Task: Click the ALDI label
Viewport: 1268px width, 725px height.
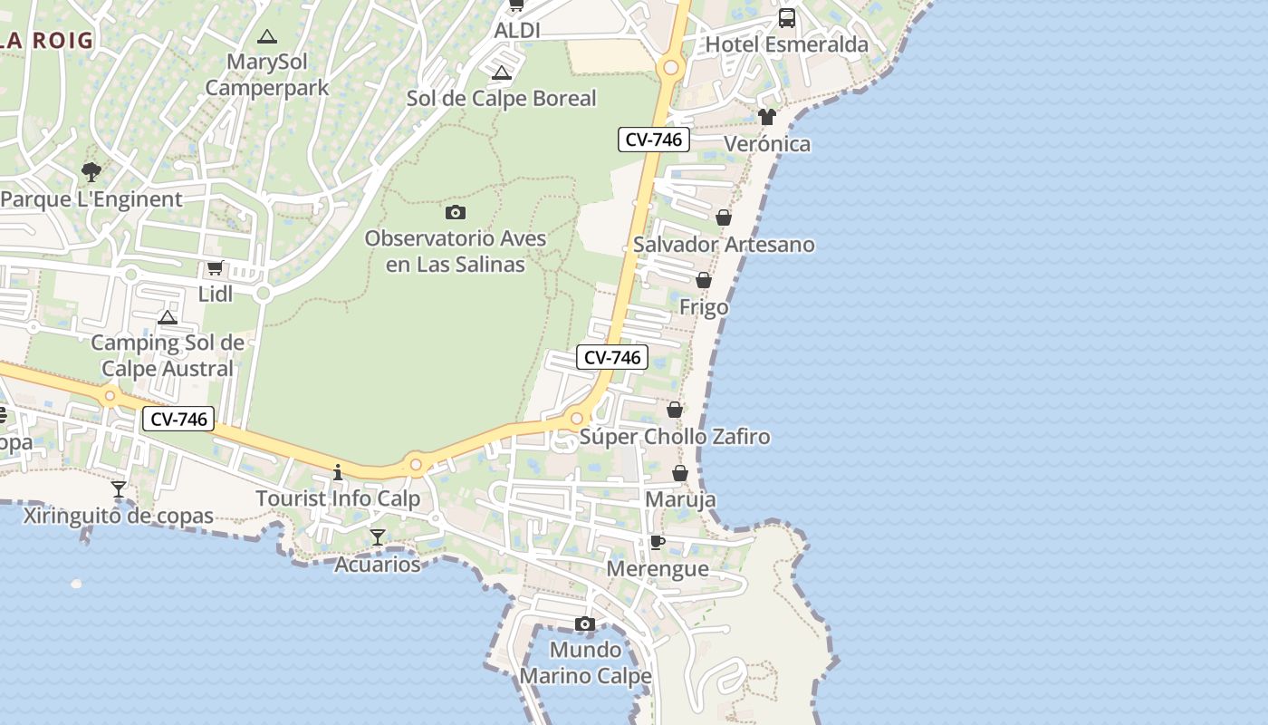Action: click(517, 31)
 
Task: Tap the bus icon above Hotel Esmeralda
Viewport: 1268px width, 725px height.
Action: click(786, 18)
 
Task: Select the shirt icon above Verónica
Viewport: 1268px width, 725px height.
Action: click(767, 117)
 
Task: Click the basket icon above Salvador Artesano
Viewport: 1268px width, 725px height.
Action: click(724, 217)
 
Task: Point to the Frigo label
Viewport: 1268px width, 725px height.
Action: click(704, 307)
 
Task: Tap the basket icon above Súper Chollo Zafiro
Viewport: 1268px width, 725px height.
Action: click(675, 410)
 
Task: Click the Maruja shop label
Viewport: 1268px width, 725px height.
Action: click(680, 499)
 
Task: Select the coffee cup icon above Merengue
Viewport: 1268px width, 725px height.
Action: click(658, 542)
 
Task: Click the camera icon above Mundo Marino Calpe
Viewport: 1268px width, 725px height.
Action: click(585, 623)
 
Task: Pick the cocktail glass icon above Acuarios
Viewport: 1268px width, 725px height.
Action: click(378, 537)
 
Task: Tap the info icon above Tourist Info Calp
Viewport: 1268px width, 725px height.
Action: click(338, 472)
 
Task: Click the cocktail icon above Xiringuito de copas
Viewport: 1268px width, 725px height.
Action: click(118, 489)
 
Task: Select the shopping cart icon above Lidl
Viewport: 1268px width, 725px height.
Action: click(215, 267)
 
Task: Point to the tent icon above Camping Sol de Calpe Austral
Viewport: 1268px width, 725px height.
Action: click(167, 317)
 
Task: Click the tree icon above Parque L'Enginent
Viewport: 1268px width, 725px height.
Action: click(91, 171)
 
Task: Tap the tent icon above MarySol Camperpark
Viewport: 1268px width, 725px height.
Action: click(266, 37)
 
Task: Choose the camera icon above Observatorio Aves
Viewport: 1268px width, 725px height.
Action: click(456, 212)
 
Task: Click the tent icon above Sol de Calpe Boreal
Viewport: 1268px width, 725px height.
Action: click(501, 72)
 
